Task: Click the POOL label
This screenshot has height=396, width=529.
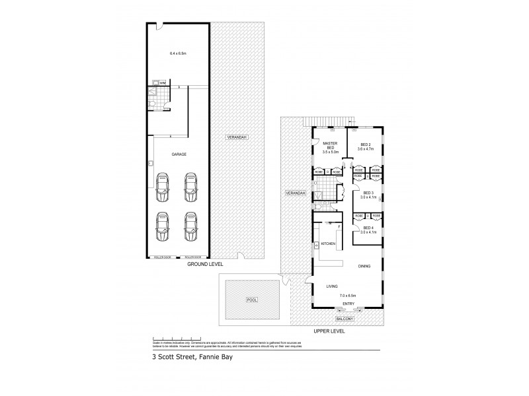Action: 251,299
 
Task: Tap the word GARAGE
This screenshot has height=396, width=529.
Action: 179,154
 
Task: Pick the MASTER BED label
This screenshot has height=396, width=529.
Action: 330,145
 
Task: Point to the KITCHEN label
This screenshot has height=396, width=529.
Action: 328,244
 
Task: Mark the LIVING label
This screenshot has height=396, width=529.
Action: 332,286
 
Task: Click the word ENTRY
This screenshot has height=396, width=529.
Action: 348,304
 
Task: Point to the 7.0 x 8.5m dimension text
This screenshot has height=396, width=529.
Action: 348,295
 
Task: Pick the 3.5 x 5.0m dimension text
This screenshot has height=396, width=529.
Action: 330,152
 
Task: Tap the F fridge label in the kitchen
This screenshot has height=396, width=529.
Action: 339,227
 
